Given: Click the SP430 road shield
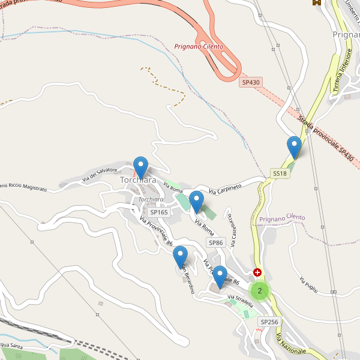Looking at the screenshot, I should coord(250,82).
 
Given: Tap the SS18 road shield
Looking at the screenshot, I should coord(280,173).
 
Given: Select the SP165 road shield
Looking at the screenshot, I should coord(159,212).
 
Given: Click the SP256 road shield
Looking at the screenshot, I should coord(269,322).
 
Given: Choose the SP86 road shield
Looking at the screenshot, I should coord(216,242).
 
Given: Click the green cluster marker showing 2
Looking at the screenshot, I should coord(259,291).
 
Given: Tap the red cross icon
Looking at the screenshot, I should coord(258,272).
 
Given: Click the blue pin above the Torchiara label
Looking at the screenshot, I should coord(140,167).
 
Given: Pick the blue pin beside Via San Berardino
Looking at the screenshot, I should coord(181,257).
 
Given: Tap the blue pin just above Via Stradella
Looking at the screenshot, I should coord(220,276).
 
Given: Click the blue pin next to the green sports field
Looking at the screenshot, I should coord(196,201).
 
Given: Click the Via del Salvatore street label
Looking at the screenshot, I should coord(100,174).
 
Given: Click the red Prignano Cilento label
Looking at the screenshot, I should coord(199,46).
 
